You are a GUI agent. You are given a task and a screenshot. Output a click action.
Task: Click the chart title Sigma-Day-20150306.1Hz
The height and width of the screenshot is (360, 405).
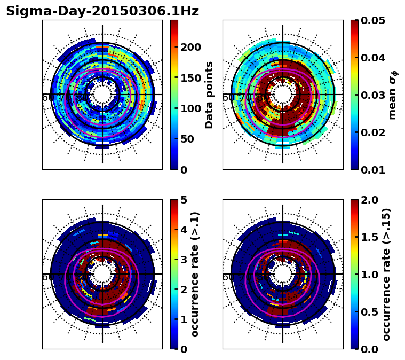[102, 11]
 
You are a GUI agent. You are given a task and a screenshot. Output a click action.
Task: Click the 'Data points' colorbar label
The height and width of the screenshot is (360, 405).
[209, 95]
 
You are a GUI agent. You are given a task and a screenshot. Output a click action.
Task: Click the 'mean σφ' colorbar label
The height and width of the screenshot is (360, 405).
[393, 95]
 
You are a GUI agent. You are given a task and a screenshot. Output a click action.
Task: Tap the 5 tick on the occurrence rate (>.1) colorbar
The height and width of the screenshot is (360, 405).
[183, 200]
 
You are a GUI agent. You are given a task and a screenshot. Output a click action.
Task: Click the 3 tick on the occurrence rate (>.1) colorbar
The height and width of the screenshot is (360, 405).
[183, 260]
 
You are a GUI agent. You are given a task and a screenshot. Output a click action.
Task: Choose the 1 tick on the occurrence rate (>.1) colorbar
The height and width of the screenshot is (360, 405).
[183, 319]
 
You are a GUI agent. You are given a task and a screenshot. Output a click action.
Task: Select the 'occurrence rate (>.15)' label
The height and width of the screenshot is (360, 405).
[386, 274]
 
